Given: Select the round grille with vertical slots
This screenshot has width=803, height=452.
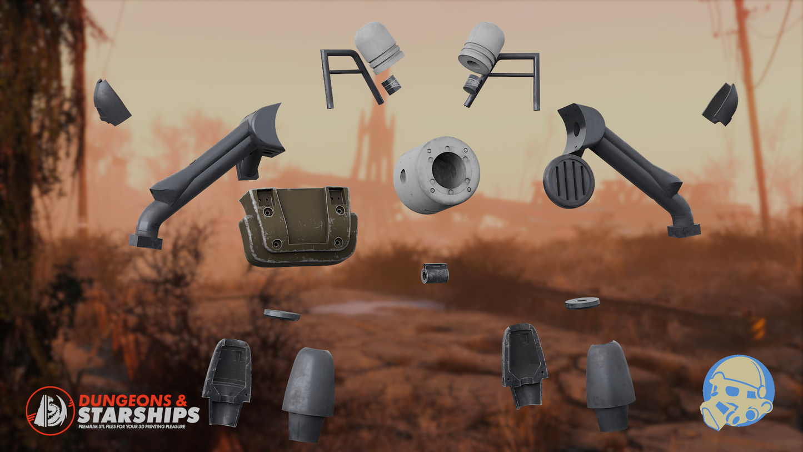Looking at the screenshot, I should [568, 181].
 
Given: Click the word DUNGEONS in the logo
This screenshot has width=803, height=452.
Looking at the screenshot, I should [125, 401].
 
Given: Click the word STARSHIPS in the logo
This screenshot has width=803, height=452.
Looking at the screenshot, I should [138, 415].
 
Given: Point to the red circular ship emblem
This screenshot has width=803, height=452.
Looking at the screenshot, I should [50, 410].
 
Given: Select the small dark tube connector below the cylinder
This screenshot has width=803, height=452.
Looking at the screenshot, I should [435, 273].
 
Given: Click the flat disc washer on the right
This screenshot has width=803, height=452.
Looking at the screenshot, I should [582, 303].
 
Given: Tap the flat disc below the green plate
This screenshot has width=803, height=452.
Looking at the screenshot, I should [282, 315].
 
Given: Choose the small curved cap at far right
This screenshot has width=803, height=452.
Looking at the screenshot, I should [722, 105].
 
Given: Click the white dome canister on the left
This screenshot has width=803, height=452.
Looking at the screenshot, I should [376, 47].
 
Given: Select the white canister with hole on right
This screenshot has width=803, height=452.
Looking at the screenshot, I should [481, 48].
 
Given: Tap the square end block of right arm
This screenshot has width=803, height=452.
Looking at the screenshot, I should [684, 230].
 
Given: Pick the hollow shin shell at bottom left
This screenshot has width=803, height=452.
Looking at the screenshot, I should [227, 380].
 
